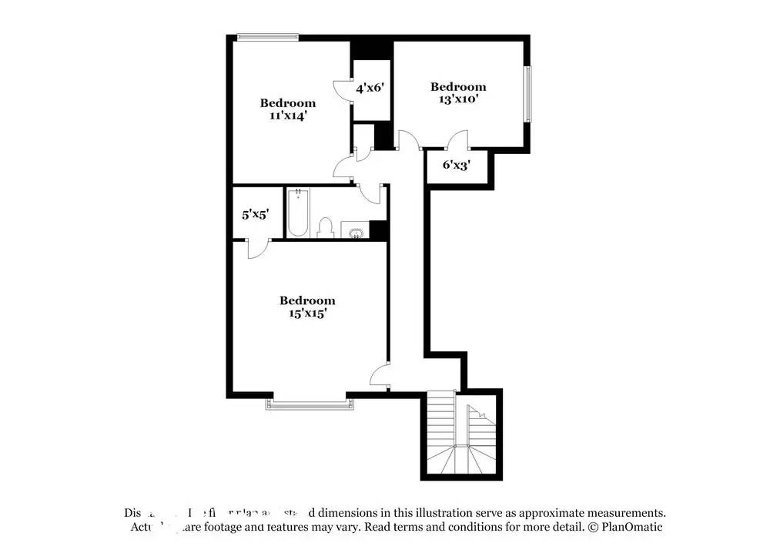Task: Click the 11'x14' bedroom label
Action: click(x=287, y=109)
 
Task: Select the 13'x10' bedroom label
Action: click(x=457, y=92)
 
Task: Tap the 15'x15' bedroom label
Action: click(x=307, y=307)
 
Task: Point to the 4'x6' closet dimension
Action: click(x=370, y=88)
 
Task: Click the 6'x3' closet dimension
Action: click(x=456, y=164)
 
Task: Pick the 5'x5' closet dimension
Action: click(x=255, y=215)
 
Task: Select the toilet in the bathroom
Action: click(x=325, y=227)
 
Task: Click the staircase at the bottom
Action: click(x=460, y=436)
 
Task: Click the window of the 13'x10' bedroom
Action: click(x=528, y=94)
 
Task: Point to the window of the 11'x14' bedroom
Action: click(x=267, y=36)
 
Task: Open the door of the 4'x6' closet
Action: click(x=341, y=91)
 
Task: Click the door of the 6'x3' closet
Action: click(x=457, y=140)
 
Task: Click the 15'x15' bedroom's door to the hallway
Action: click(x=380, y=376)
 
